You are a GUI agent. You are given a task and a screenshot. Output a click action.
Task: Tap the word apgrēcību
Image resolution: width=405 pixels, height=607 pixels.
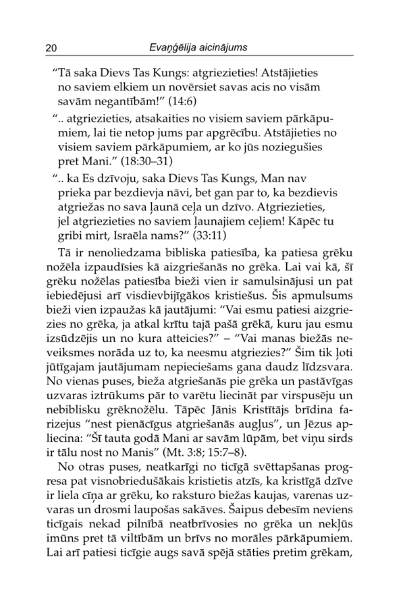(x=247, y=132)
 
